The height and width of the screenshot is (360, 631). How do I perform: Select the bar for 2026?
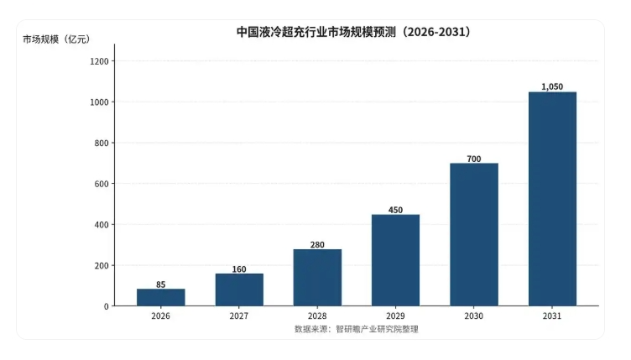[161, 297]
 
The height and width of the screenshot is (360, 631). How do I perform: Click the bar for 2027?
[239, 290]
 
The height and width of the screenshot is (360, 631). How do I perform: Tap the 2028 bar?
[317, 278]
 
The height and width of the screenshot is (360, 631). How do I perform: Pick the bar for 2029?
[395, 260]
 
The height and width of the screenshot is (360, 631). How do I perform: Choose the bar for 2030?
[474, 234]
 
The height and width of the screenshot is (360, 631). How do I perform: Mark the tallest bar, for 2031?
[552, 199]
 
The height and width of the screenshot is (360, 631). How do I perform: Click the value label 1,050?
[552, 86]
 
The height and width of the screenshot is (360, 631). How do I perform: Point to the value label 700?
[474, 159]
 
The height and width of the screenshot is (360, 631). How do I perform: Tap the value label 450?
[395, 210]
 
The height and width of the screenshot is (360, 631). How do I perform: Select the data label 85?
[161, 284]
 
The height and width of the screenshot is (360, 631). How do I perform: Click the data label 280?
[317, 244]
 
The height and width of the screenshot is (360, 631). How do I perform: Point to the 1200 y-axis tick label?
[99, 61]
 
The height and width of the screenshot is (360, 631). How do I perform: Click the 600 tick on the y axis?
[102, 184]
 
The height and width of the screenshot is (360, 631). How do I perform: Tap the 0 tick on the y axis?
[107, 306]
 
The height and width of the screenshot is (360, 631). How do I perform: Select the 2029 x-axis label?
[395, 316]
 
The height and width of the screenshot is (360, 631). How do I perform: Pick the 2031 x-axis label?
[552, 316]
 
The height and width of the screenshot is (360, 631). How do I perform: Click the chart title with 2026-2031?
[354, 32]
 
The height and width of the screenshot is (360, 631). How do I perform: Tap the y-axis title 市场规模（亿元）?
[56, 39]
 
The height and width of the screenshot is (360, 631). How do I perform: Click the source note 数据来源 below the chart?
[357, 329]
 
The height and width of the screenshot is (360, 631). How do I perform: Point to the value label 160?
[239, 269]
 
